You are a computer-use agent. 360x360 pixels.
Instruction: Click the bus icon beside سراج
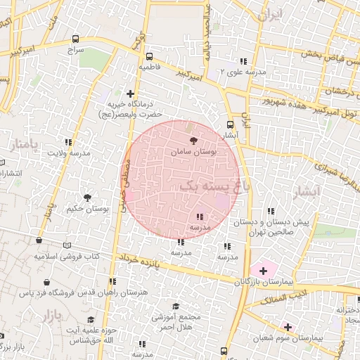coord(75,40)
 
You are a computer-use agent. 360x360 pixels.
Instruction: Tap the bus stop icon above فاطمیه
coord(149,57)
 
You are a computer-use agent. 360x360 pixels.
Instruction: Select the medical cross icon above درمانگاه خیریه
coord(130,93)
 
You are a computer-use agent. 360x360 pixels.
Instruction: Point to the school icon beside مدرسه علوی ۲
coord(244,62)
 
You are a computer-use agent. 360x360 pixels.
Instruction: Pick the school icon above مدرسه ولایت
coord(69,143)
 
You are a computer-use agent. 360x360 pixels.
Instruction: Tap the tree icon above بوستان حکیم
coord(87,199)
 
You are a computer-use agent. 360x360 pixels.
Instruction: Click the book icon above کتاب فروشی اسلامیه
coord(67,246)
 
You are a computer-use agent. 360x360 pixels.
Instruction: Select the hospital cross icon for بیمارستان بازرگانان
coord(264,270)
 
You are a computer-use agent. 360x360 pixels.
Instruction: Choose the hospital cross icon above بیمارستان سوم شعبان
coord(287,326)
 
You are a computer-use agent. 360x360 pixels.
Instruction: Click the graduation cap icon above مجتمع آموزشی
coord(176,307)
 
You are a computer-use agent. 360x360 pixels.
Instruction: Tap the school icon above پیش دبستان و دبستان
coord(271,211)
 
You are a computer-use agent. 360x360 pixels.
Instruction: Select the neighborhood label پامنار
coord(22,146)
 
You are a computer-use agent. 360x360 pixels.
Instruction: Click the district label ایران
coord(271,15)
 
